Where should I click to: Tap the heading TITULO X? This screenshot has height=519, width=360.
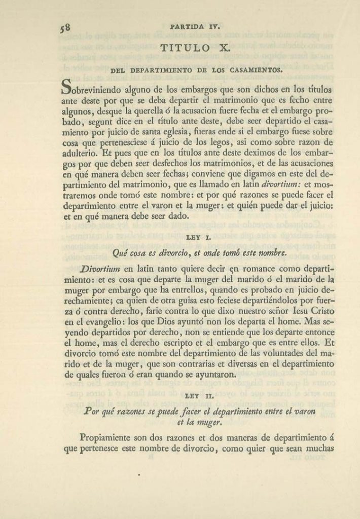(x=195, y=48)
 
